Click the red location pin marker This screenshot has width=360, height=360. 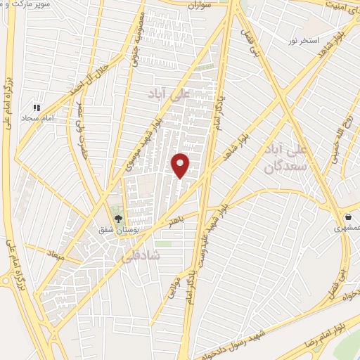pos(181,165)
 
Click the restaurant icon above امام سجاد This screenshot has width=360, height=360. pos(36,108)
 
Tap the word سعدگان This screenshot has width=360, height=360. pos(287,167)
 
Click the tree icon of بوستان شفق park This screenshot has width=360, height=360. pos(117,219)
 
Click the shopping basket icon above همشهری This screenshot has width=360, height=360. pos(348,217)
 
